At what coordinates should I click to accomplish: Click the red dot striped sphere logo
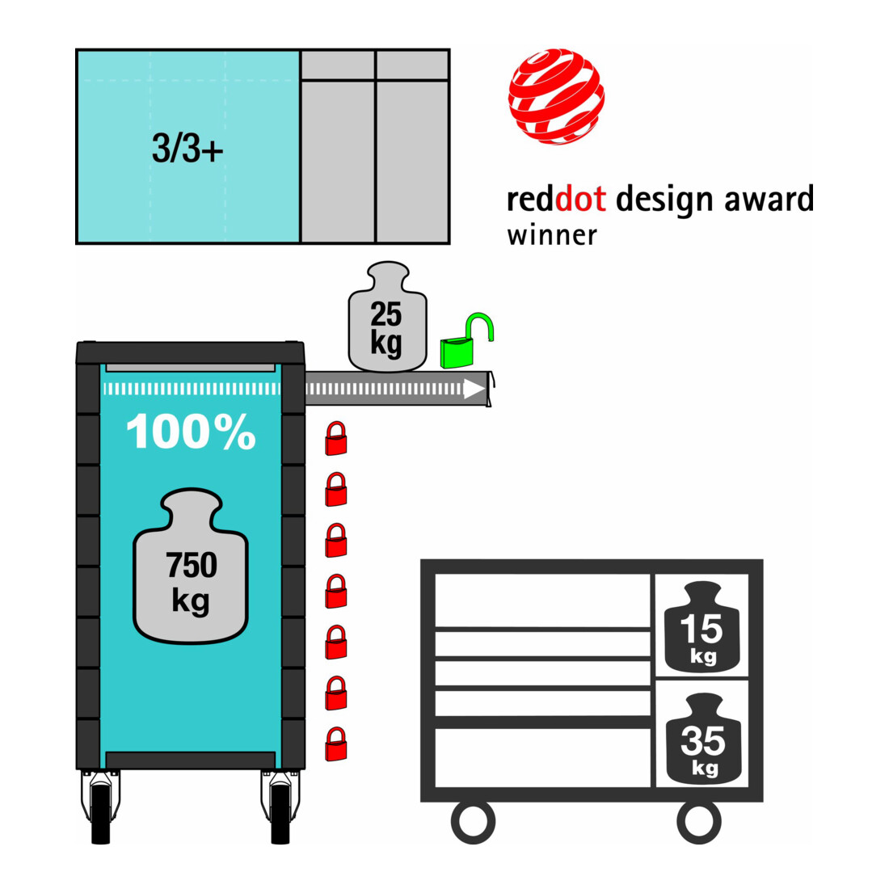pyautogui.click(x=556, y=96)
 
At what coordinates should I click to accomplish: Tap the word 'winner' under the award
pyautogui.click(x=552, y=235)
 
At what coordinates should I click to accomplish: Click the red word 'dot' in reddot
pyautogui.click(x=580, y=199)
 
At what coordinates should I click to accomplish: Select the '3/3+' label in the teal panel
pyautogui.click(x=187, y=149)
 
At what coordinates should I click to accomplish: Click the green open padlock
pyautogui.click(x=466, y=341)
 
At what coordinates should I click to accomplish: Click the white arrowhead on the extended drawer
pyautogui.click(x=474, y=389)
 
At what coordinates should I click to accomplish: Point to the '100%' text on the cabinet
pyautogui.click(x=191, y=432)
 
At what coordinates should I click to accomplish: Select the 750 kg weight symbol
pyautogui.click(x=191, y=566)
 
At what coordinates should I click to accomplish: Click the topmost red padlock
pyautogui.click(x=335, y=438)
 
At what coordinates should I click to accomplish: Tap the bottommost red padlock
pyautogui.click(x=335, y=744)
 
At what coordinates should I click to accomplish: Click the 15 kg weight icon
pyautogui.click(x=702, y=626)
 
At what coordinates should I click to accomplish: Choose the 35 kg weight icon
pyautogui.click(x=703, y=738)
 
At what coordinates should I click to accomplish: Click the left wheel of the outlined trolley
pyautogui.click(x=473, y=822)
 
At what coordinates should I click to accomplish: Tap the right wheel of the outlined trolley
pyautogui.click(x=699, y=822)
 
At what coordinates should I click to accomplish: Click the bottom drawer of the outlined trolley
pyautogui.click(x=542, y=757)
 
